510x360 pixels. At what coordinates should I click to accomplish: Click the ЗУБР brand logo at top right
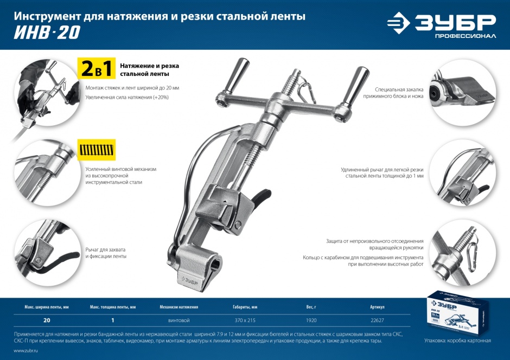tap(441, 25)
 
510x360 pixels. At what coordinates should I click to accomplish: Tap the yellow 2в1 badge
tap(96, 69)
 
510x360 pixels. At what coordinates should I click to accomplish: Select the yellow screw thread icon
tap(97, 149)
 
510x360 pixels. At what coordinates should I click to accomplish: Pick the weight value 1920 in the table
tap(311, 320)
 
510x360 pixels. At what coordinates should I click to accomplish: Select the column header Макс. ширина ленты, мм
tap(47, 307)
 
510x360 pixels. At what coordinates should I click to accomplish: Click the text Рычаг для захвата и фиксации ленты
tap(106, 252)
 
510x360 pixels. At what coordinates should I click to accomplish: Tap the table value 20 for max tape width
tap(47, 320)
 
